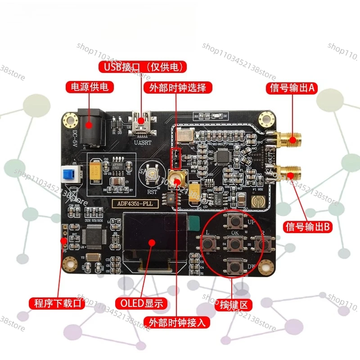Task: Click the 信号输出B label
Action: click(x=308, y=227)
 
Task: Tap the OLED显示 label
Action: click(x=141, y=303)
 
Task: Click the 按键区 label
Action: click(x=234, y=305)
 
